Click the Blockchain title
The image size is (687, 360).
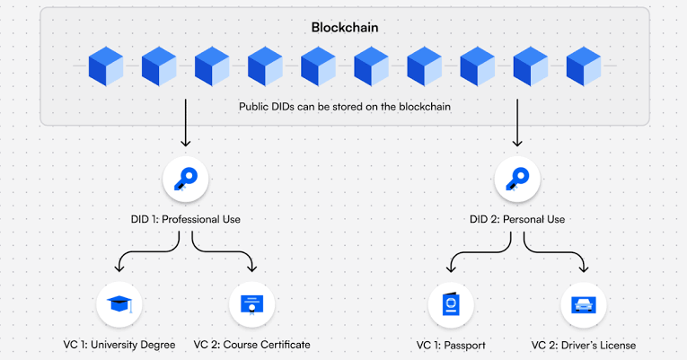point(344,28)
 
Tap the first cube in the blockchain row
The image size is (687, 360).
point(106,66)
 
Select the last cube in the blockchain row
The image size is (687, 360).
point(584,66)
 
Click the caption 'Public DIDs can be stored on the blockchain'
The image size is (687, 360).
point(344,107)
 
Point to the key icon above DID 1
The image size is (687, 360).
point(186,180)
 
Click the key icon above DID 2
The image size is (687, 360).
point(517,180)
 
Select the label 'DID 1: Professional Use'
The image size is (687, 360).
point(186,219)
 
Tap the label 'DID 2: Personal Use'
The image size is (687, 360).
point(517,219)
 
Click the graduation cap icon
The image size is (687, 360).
point(119,304)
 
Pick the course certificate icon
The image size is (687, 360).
point(252,305)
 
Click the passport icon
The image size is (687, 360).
point(451,304)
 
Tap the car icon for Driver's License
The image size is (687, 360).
point(584,304)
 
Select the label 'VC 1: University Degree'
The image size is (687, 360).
point(119,345)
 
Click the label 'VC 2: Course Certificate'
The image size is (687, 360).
point(252,345)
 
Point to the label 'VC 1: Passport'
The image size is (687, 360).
point(451,345)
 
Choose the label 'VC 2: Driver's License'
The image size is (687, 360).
point(584,345)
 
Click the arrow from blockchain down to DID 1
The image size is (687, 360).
point(186,123)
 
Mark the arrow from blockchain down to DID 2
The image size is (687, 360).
point(517,123)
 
